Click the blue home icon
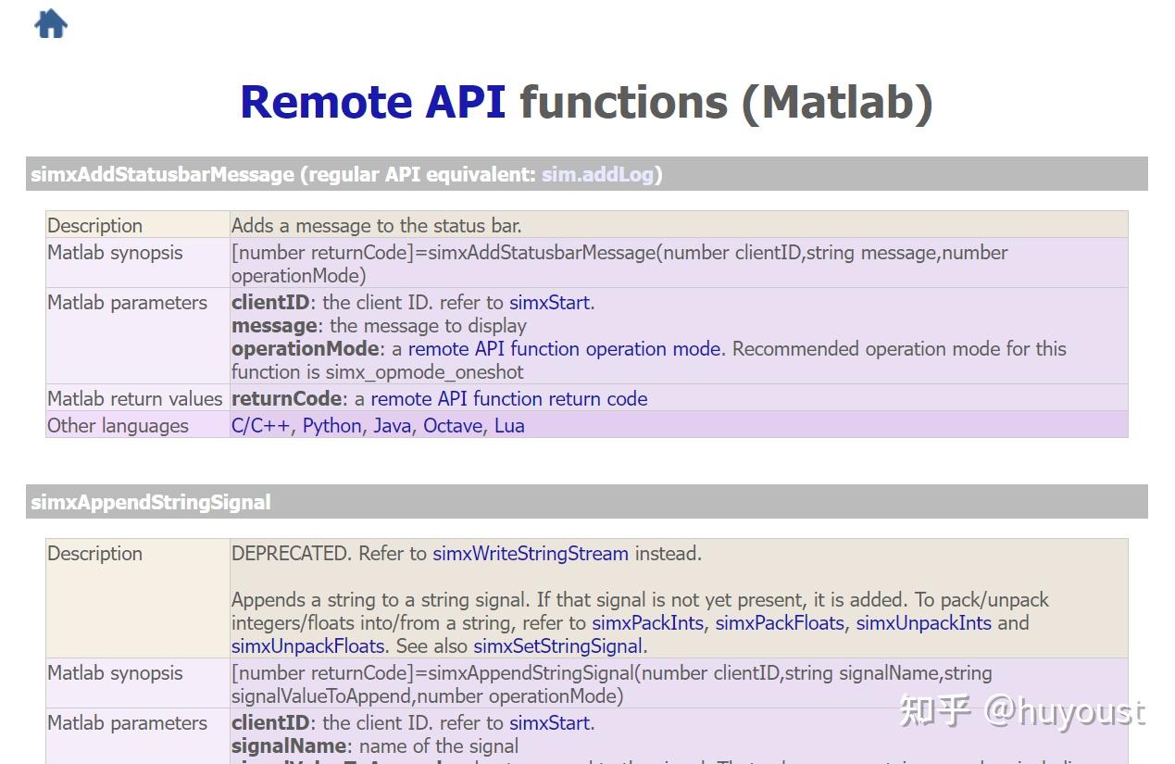51,23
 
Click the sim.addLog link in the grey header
597,174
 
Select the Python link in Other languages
331,426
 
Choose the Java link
392,426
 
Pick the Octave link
453,426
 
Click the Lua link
509,426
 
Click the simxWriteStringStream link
531,554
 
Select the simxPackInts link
647,623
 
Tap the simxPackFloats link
780,623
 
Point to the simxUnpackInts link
923,623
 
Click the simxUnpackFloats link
307,646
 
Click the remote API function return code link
509,399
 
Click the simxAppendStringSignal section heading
151,503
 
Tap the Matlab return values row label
135,399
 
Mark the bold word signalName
289,746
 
